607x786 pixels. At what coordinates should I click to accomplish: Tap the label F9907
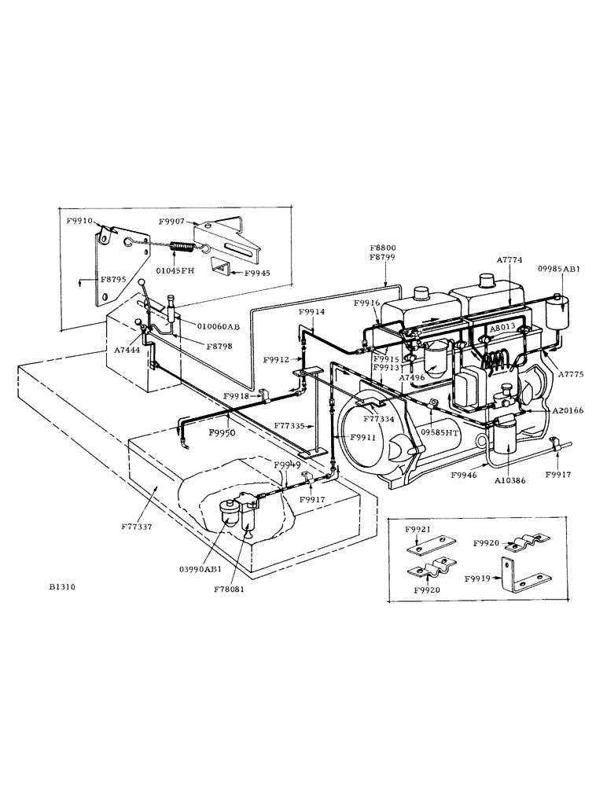pos(172,222)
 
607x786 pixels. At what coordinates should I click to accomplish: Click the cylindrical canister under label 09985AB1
pos(559,314)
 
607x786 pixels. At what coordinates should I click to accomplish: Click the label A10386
pos(511,478)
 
